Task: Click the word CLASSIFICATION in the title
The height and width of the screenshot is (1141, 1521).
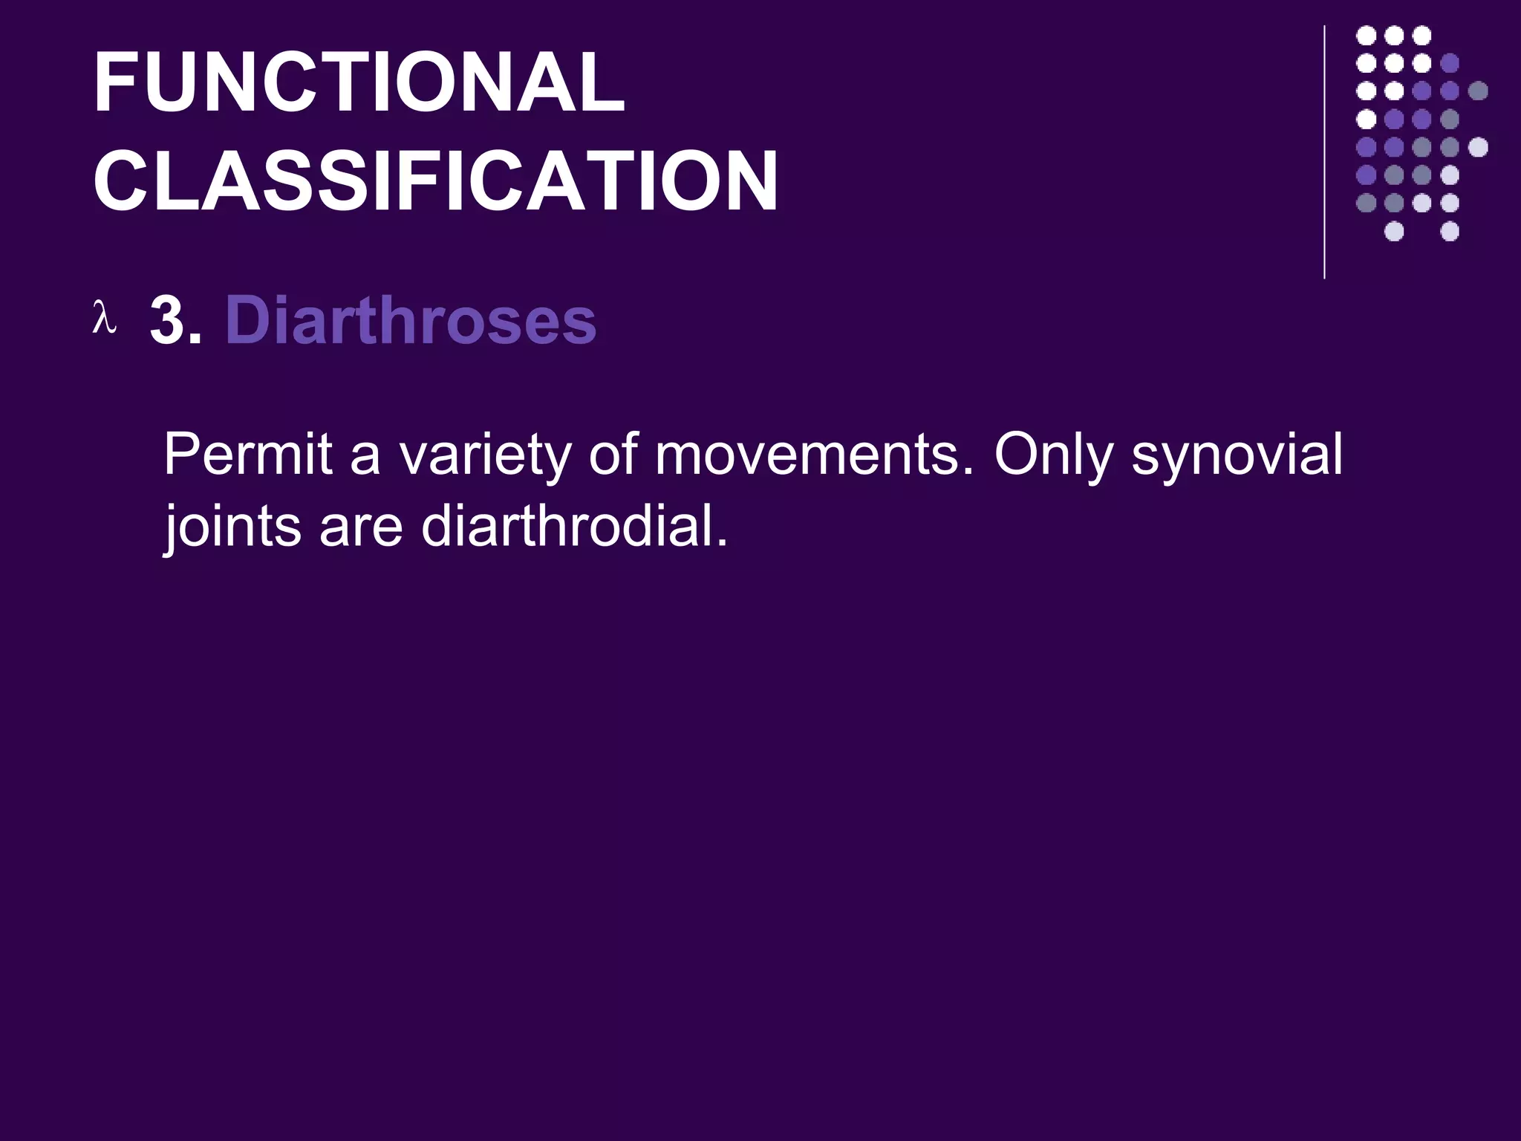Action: [x=436, y=181]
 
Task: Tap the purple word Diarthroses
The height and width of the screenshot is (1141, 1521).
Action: [x=411, y=321]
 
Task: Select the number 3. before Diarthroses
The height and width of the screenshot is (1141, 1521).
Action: [x=175, y=321]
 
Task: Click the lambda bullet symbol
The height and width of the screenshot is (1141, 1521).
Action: [x=104, y=317]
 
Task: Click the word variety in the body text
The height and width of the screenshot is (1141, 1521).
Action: [x=485, y=455]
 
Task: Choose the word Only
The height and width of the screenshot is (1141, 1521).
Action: [x=1054, y=455]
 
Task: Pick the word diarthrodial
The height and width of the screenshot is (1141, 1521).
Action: [x=574, y=525]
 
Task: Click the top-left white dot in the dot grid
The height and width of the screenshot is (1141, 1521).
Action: [x=1367, y=36]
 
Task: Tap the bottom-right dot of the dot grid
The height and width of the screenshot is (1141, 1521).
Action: [x=1450, y=231]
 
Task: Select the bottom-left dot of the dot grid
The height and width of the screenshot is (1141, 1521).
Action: [x=1366, y=203]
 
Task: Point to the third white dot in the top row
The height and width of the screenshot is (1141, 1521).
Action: [x=1421, y=36]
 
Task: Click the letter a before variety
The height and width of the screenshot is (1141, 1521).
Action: [x=365, y=455]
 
